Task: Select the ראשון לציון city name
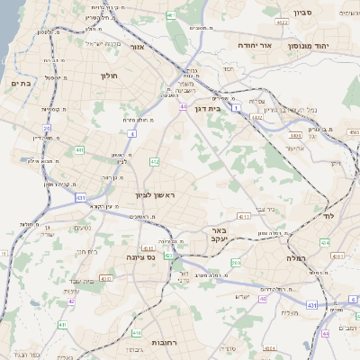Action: pos(163,195)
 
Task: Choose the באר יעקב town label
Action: pos(232,235)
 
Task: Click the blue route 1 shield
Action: pos(236,107)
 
